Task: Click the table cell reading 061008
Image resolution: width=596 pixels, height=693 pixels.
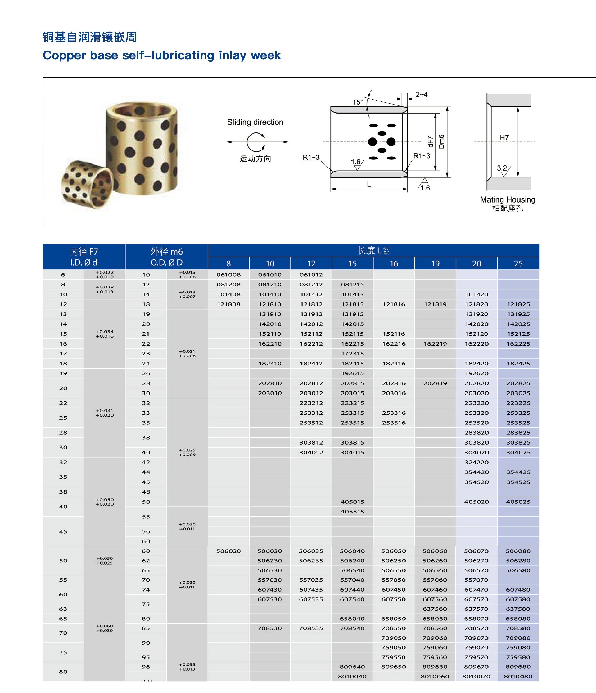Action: [x=228, y=275]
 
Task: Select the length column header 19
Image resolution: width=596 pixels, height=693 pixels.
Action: [x=435, y=264]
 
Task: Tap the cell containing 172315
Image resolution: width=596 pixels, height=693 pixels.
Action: [x=352, y=354]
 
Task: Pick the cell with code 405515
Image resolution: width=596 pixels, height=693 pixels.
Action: [x=352, y=512]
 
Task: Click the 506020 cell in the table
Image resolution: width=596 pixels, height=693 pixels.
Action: [x=228, y=551]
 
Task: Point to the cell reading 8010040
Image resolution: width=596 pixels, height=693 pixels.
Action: [x=352, y=676]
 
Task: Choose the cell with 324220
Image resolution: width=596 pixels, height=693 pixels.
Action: [x=476, y=462]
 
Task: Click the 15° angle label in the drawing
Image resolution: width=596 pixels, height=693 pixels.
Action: [x=358, y=102]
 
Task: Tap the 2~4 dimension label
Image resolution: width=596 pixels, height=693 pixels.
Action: [x=422, y=95]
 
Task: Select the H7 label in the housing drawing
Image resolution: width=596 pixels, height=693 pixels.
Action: [x=504, y=137]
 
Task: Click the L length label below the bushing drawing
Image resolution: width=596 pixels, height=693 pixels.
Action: [x=369, y=184]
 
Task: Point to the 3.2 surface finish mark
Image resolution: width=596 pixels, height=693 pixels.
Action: [x=502, y=168]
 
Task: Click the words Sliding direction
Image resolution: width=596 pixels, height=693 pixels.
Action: [x=255, y=122]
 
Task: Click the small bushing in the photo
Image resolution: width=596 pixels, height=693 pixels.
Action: [x=88, y=183]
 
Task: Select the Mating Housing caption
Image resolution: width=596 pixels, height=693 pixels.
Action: [x=507, y=200]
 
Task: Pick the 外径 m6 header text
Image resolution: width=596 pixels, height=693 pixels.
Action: [x=166, y=252]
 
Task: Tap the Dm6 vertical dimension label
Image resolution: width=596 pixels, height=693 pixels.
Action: [x=441, y=141]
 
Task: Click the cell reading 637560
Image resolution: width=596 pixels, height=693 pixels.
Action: [x=435, y=609]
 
